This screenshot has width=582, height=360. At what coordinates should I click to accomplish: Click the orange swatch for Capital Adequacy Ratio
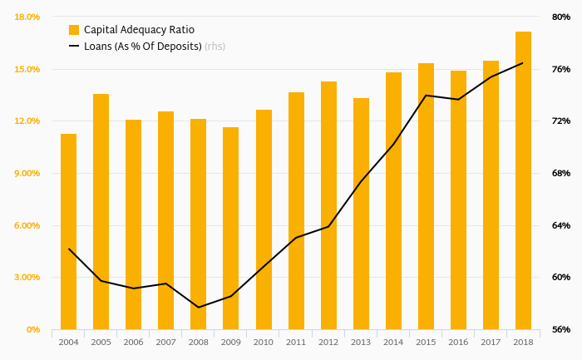pyautogui.click(x=74, y=30)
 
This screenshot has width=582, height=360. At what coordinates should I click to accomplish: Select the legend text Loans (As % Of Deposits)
pyautogui.click(x=142, y=47)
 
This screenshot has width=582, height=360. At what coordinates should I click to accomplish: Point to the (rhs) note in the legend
pyautogui.click(x=215, y=47)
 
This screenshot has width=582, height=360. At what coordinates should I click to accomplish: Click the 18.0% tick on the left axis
pyautogui.click(x=27, y=17)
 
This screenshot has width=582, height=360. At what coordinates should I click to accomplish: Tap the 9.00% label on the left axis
pyautogui.click(x=27, y=173)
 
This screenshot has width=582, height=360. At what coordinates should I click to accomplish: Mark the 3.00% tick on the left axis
pyautogui.click(x=27, y=278)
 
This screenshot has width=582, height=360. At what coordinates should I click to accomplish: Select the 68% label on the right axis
pyautogui.click(x=560, y=173)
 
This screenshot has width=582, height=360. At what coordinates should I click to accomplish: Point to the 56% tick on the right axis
pyautogui.click(x=560, y=330)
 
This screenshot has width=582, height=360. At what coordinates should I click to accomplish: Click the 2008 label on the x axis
pyautogui.click(x=198, y=343)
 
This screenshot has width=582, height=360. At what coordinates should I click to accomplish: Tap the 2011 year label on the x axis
pyautogui.click(x=296, y=343)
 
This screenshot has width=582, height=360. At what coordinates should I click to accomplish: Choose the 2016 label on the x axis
pyautogui.click(x=458, y=343)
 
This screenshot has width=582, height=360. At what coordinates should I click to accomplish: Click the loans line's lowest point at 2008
pyautogui.click(x=198, y=308)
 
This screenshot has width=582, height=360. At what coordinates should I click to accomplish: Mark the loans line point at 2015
pyautogui.click(x=426, y=96)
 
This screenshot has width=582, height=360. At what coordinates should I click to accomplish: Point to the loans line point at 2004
pyautogui.click(x=68, y=249)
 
